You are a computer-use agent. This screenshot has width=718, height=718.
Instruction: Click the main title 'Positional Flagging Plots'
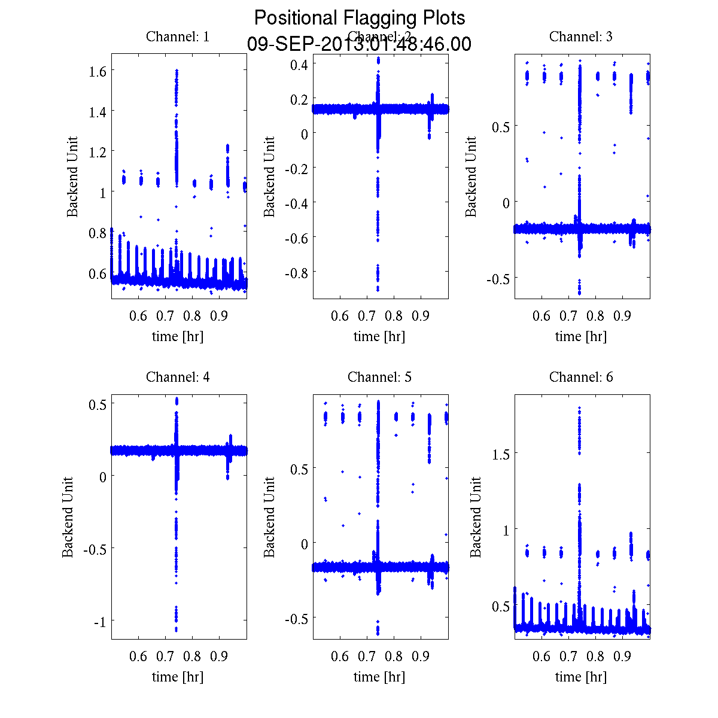click(x=359, y=18)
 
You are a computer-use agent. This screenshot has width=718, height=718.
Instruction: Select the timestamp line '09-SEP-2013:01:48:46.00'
click(x=359, y=44)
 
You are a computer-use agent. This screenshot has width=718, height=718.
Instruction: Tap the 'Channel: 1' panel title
click(x=178, y=36)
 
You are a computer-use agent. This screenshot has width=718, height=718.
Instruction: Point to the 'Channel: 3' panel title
click(x=581, y=36)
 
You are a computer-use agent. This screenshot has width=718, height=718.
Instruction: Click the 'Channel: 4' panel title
click(x=178, y=377)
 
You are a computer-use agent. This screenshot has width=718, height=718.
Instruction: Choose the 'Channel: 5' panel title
click(x=379, y=377)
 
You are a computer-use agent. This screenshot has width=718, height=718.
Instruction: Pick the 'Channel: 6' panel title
click(x=581, y=377)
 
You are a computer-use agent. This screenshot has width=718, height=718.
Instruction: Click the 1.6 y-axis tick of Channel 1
click(x=98, y=71)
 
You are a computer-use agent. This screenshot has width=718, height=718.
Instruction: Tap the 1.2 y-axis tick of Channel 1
click(x=98, y=152)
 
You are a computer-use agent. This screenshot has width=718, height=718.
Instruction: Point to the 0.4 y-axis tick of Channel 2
click(x=299, y=64)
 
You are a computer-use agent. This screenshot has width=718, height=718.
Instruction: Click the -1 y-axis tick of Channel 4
click(x=101, y=622)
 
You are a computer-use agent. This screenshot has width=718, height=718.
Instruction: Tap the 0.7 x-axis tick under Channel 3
click(x=568, y=316)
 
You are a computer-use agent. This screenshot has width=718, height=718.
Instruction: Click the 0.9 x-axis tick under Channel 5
click(x=421, y=656)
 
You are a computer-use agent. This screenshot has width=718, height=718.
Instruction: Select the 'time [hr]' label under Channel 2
click(x=379, y=336)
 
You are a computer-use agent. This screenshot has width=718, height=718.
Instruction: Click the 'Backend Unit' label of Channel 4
click(x=68, y=517)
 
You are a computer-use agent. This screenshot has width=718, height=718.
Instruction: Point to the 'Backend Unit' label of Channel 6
click(x=476, y=517)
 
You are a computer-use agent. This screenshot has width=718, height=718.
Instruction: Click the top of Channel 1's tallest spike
click(x=177, y=71)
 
